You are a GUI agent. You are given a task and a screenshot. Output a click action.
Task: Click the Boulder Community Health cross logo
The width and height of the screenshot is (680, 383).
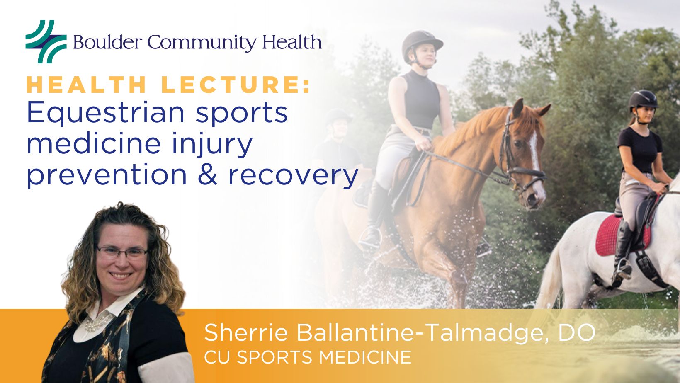46,41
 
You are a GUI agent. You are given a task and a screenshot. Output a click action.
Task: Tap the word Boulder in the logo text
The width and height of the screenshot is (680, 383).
107,42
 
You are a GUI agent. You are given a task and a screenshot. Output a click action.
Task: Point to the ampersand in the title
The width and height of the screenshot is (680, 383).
208,175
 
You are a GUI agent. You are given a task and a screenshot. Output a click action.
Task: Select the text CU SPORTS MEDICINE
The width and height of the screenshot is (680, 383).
308,357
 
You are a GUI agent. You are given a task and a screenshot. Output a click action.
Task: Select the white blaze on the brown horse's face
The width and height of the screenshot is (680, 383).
535,161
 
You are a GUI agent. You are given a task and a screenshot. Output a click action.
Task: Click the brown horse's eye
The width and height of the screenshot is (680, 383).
517,143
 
